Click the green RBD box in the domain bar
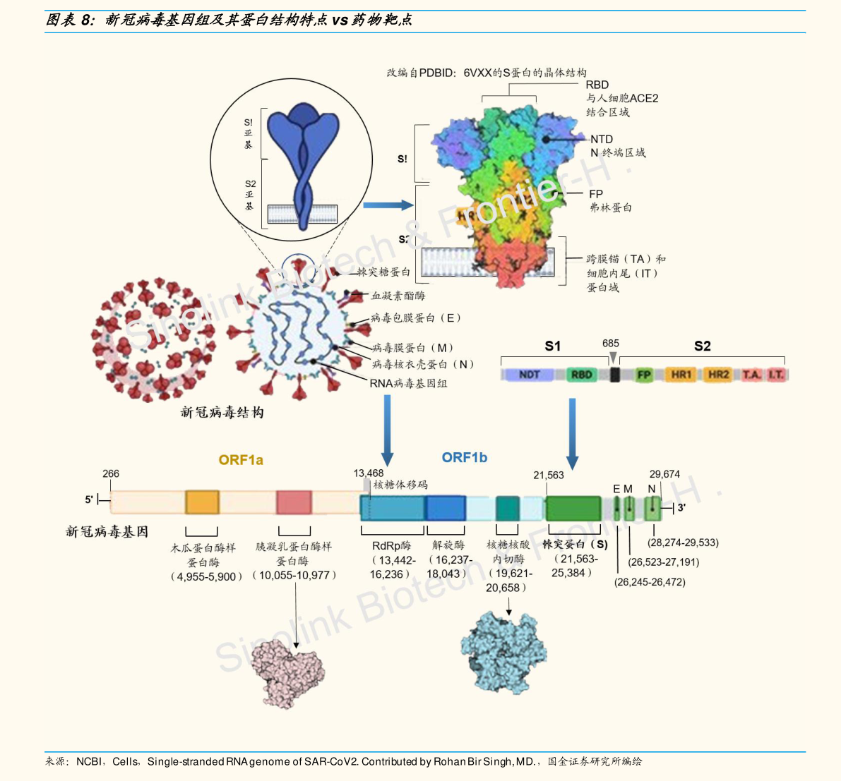click(581, 375)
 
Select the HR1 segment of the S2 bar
click(681, 375)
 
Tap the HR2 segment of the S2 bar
click(718, 375)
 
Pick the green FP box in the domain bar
click(643, 375)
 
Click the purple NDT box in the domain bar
click(529, 375)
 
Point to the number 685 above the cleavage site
click(611, 344)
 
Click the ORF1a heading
click(241, 460)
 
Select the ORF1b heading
click(465, 457)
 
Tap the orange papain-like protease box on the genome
click(202, 502)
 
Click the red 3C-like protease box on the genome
click(294, 502)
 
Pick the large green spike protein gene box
click(573, 508)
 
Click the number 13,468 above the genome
click(369, 473)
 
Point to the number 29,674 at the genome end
click(664, 474)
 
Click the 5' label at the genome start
click(89, 500)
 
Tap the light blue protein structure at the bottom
click(503, 652)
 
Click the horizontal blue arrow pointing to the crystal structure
click(388, 205)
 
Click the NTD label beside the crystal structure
click(602, 140)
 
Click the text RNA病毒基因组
click(408, 384)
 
